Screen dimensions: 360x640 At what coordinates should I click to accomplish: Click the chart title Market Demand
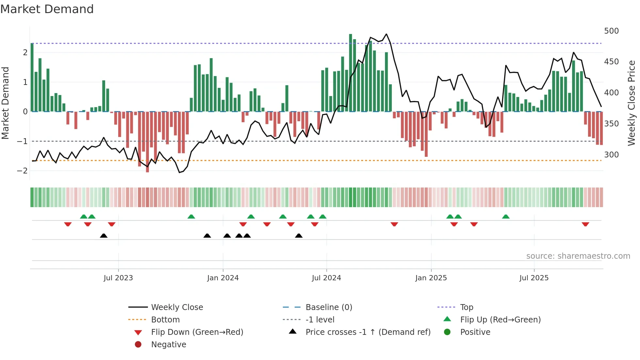point(47,9)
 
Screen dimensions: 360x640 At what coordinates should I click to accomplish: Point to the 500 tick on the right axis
point(611,31)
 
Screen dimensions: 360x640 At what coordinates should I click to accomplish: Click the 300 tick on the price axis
point(611,155)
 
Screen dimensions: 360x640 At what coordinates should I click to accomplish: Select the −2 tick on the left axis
point(23,171)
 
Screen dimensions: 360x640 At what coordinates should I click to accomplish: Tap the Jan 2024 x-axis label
point(223,278)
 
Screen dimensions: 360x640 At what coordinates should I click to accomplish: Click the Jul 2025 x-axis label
point(534,278)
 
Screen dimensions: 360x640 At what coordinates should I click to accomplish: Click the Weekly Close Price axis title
point(632,103)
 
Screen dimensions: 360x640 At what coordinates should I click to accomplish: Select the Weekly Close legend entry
point(177,307)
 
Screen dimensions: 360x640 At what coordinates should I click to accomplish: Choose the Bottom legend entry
point(165,320)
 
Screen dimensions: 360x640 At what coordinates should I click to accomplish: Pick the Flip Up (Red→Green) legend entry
point(500,320)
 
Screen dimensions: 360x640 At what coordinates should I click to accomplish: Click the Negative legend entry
point(168,345)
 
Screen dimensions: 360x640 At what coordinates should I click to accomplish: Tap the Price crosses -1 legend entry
point(368,332)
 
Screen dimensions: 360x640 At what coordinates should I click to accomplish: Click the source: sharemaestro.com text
point(578,256)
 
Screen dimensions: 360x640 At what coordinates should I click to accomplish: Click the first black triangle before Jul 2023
point(104,236)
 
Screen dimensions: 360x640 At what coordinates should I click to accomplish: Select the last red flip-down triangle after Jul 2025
point(585,224)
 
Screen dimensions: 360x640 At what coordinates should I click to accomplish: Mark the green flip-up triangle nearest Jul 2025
point(505,217)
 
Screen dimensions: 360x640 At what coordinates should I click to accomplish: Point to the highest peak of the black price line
point(386,34)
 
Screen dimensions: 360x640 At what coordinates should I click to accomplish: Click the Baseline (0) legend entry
point(328,307)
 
